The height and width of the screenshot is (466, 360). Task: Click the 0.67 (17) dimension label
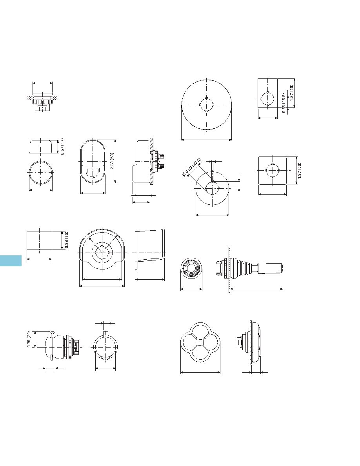tap(62, 146)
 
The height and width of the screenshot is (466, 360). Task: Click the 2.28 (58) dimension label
tap(112, 161)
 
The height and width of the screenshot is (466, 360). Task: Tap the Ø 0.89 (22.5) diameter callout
tap(192, 167)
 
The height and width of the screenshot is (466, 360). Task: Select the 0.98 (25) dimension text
tap(67, 240)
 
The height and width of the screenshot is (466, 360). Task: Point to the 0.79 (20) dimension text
tap(29, 339)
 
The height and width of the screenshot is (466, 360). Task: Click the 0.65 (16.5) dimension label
tap(284, 103)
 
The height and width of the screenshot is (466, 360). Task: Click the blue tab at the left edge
tap(11, 260)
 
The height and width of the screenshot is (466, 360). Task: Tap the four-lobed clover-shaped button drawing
tap(200, 342)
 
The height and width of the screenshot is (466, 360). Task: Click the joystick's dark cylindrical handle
tap(270, 268)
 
